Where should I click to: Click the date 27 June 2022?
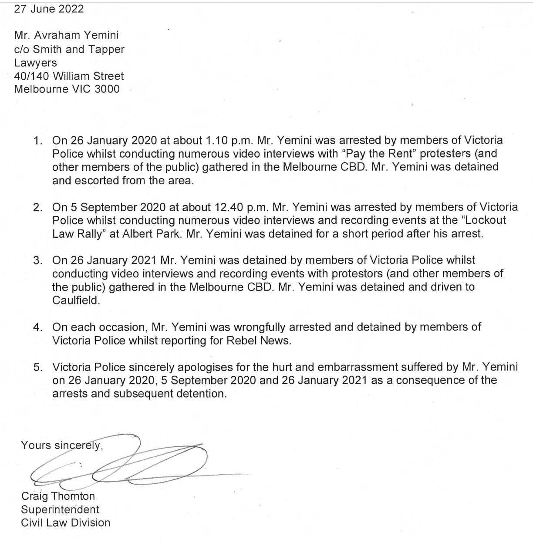coord(49,9)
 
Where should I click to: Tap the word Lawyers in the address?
coord(35,63)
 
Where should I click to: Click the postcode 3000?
coord(107,89)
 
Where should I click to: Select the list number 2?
coord(37,207)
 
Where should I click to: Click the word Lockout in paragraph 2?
coord(483,220)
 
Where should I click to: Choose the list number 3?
coord(37,260)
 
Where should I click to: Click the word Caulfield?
coord(76,300)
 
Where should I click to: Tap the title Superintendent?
coord(60,510)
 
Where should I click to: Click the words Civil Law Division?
coord(66,523)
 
